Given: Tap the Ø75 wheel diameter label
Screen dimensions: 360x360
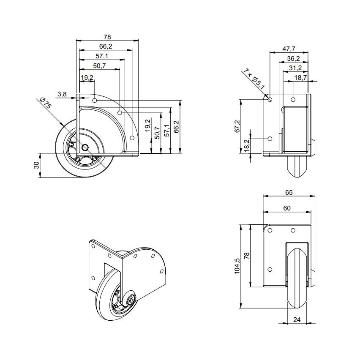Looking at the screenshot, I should click(45, 104).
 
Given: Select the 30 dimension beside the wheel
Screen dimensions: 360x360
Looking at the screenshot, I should click(36, 165).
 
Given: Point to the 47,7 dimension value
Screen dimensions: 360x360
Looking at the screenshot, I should click(289, 49).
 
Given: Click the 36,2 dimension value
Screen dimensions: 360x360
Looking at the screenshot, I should click(293, 58).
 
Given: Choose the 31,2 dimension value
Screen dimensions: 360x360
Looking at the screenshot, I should click(295, 68).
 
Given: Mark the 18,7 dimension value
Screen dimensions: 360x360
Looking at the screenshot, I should click(300, 77).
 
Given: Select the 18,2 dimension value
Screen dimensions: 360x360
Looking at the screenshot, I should click(246, 145).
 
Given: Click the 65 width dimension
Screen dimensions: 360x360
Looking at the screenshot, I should click(289, 193).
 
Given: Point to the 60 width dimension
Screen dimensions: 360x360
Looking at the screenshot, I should click(287, 207).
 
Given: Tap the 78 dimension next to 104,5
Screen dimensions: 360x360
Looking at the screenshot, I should click(248, 255).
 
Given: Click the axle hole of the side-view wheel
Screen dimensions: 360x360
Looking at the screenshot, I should click(85, 147).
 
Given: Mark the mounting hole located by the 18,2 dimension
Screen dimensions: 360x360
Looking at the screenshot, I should click(270, 139).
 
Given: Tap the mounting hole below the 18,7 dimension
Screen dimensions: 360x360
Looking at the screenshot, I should click(293, 99).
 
